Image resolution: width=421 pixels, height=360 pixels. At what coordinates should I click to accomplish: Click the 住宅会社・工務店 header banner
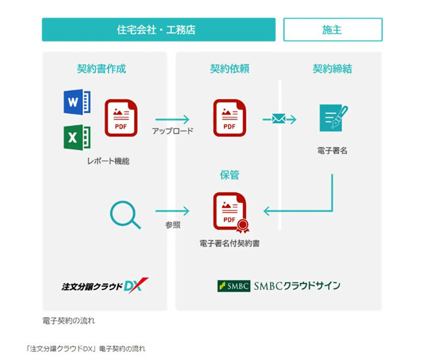coord(159,30)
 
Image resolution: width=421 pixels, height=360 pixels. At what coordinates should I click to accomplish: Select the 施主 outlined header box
coord(333,30)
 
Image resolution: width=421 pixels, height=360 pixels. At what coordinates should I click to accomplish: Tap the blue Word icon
coord(77,102)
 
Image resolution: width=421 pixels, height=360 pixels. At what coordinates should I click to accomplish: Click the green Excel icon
coord(77,138)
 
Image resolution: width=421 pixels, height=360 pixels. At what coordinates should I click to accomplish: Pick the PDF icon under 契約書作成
coord(121,118)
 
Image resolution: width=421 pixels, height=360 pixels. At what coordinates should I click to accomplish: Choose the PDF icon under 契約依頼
coord(230,118)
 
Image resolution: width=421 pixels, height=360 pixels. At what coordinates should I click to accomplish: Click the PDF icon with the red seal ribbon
coord(231,213)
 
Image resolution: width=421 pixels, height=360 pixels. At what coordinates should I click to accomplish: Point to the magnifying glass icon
coord(125,215)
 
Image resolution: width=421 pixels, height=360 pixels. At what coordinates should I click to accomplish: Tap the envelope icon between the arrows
coord(279,118)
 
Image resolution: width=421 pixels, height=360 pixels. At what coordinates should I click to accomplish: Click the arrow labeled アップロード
coord(172,119)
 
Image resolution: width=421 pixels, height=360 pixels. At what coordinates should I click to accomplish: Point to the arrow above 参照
coord(172,211)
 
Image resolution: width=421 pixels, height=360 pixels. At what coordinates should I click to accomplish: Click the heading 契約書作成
coord(101,69)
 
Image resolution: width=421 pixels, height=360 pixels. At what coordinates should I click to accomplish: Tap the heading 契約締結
coord(332,69)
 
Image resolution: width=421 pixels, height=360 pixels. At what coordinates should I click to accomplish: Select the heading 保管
coord(230,175)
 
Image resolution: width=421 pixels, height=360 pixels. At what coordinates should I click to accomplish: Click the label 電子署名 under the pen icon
coord(332,151)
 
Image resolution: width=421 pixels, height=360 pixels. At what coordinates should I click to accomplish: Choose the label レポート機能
coord(108,161)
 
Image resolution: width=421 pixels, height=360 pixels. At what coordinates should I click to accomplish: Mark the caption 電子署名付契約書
coord(230,244)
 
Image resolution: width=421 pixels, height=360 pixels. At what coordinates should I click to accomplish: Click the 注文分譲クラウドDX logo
coord(105,286)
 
